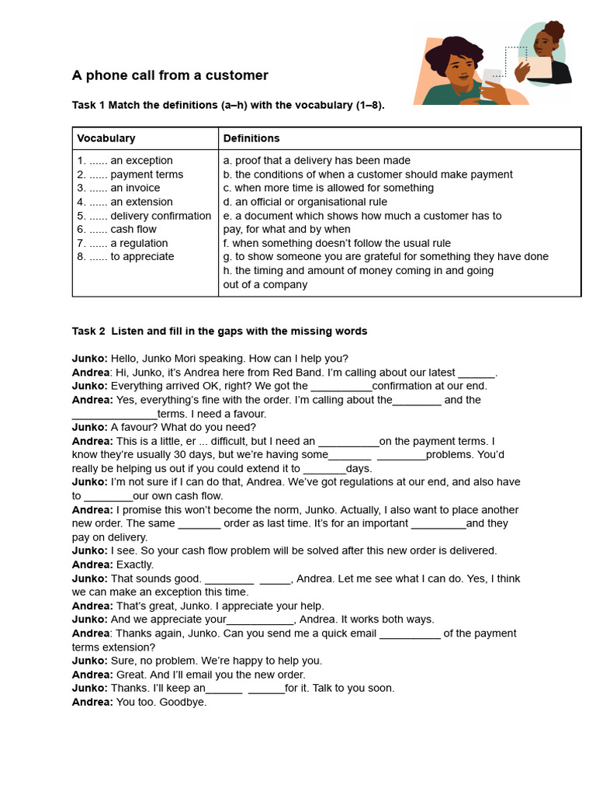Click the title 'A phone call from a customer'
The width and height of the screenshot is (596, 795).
[x=170, y=75]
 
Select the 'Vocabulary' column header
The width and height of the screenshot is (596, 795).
[x=106, y=138]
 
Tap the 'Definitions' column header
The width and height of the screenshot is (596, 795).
[x=251, y=138]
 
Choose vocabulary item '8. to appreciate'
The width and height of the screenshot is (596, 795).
[x=126, y=256]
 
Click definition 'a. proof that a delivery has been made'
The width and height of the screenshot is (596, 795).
[x=317, y=161]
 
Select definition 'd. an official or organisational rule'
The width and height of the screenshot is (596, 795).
[x=305, y=202]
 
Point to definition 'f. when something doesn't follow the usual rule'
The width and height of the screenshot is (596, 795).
[x=337, y=243]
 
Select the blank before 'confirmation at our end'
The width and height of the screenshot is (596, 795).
[x=341, y=387]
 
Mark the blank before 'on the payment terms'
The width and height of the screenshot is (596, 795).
[x=348, y=442]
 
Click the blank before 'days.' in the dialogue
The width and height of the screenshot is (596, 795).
[x=324, y=469]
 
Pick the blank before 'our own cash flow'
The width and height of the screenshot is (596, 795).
[x=108, y=497]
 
